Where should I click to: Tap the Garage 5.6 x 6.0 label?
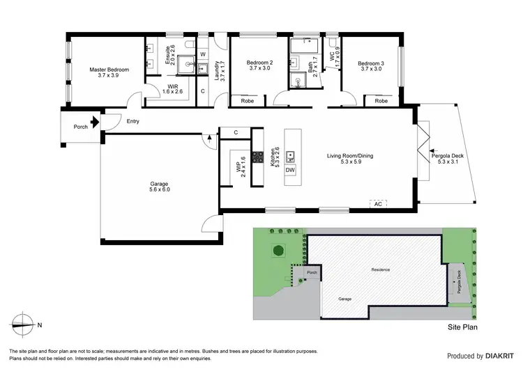pyautogui.click(x=159, y=185)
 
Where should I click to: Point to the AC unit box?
pyautogui.click(x=378, y=204)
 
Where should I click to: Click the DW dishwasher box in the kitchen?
pyautogui.click(x=290, y=170)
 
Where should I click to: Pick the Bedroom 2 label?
pyautogui.click(x=259, y=65)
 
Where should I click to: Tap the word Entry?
pyautogui.click(x=132, y=122)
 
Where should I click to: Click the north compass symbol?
pyautogui.click(x=23, y=324)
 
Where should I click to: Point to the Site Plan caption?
pyautogui.click(x=462, y=326)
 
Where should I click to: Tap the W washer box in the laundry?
pyautogui.click(x=202, y=54)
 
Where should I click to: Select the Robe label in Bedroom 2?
pyautogui.click(x=247, y=101)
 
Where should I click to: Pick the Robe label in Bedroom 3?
pyautogui.click(x=381, y=101)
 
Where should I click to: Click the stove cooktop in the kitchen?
pyautogui.click(x=257, y=157)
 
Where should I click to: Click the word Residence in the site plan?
pyautogui.click(x=380, y=269)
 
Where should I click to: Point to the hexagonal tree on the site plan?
pyautogui.click(x=278, y=250)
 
